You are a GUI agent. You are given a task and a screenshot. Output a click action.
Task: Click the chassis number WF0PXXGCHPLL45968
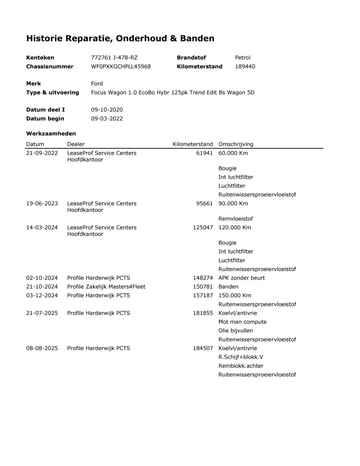[121, 67]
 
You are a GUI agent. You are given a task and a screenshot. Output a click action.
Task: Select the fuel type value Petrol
[243, 58]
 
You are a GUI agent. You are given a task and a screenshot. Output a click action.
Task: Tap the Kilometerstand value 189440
[245, 67]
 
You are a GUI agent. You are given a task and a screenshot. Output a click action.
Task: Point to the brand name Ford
[97, 84]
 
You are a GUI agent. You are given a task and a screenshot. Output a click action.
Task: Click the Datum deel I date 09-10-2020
[107, 110]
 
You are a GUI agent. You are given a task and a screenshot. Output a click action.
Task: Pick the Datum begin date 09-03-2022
[107, 119]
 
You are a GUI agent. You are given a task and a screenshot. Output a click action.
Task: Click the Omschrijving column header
[236, 144]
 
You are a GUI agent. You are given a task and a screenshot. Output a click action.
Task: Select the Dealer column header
[76, 144]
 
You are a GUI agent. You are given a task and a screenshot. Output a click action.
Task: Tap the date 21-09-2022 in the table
[42, 153]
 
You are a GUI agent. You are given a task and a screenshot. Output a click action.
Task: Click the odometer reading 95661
[204, 204]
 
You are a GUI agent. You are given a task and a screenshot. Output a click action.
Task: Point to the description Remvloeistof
[236, 219]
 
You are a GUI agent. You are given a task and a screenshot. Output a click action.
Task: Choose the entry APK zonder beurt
[241, 278]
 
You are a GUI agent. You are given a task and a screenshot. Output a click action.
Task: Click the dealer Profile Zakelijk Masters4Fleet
[106, 287]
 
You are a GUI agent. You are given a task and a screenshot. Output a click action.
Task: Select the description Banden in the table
[228, 287]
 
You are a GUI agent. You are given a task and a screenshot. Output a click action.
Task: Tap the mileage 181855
[203, 313]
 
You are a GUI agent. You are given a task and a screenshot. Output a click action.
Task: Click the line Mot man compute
[242, 322]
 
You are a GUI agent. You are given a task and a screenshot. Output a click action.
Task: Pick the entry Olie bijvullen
[236, 331]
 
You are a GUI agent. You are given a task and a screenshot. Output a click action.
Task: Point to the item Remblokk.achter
[241, 366]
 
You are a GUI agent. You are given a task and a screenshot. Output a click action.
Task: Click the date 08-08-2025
[42, 348]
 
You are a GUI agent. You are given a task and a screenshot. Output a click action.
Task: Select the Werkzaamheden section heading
[51, 134]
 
